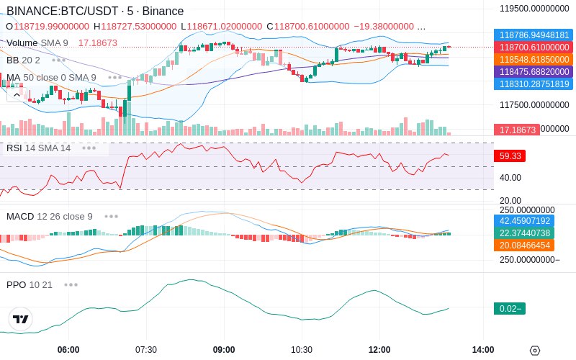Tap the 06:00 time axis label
(x=68, y=350)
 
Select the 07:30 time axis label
(x=146, y=350)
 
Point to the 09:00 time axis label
(x=224, y=350)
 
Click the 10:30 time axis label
(x=302, y=350)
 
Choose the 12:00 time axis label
(x=379, y=350)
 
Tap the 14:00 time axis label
(x=483, y=350)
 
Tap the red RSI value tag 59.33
(x=508, y=156)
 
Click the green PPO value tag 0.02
(x=508, y=308)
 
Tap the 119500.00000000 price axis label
(x=536, y=9)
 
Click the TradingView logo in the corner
(x=21, y=320)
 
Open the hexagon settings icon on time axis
(x=534, y=351)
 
